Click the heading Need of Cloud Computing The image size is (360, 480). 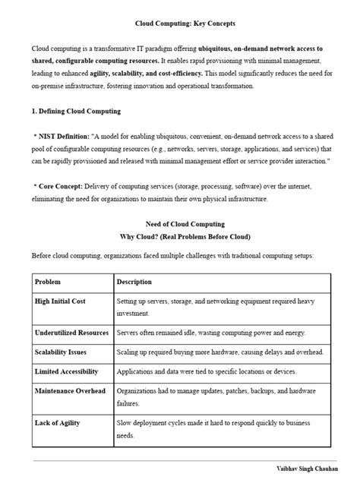(180, 224)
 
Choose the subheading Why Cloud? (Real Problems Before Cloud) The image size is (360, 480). (180, 236)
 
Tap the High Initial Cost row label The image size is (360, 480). (60, 302)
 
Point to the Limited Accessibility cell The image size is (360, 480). (67, 371)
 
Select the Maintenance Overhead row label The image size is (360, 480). (71, 391)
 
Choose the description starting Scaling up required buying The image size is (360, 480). (219, 352)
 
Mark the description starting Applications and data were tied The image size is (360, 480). (207, 371)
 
